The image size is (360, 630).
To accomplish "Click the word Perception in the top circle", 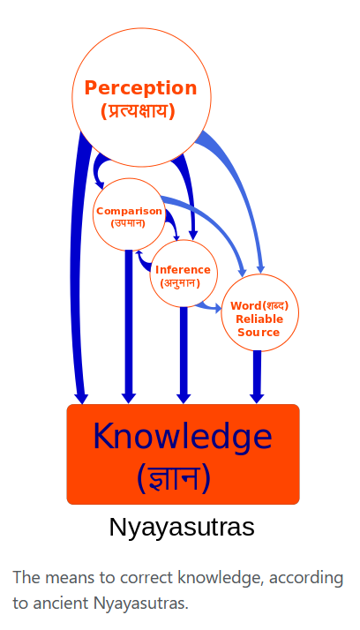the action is click(x=140, y=88).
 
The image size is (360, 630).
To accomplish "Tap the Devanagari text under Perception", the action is click(x=138, y=111).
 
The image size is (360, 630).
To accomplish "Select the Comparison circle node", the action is click(x=129, y=214).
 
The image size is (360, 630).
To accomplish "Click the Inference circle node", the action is click(x=184, y=274).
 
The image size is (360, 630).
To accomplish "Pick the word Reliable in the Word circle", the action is click(x=259, y=319).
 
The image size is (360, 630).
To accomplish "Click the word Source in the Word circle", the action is click(x=259, y=333).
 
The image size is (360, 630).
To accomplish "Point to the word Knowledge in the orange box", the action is click(x=183, y=437).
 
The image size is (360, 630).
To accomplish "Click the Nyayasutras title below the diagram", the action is click(x=182, y=527).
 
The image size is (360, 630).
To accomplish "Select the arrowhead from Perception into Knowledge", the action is click(x=81, y=398).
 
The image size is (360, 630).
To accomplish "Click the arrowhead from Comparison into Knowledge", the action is click(x=129, y=397).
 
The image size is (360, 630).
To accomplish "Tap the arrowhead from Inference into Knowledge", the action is click(x=184, y=397).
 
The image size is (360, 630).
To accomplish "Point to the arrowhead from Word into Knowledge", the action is click(x=257, y=397).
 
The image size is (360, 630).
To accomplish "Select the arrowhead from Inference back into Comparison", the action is click(x=139, y=253).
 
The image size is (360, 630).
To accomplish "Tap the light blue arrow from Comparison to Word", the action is click(x=213, y=225).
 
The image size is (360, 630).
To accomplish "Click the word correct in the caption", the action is click(x=148, y=578).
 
